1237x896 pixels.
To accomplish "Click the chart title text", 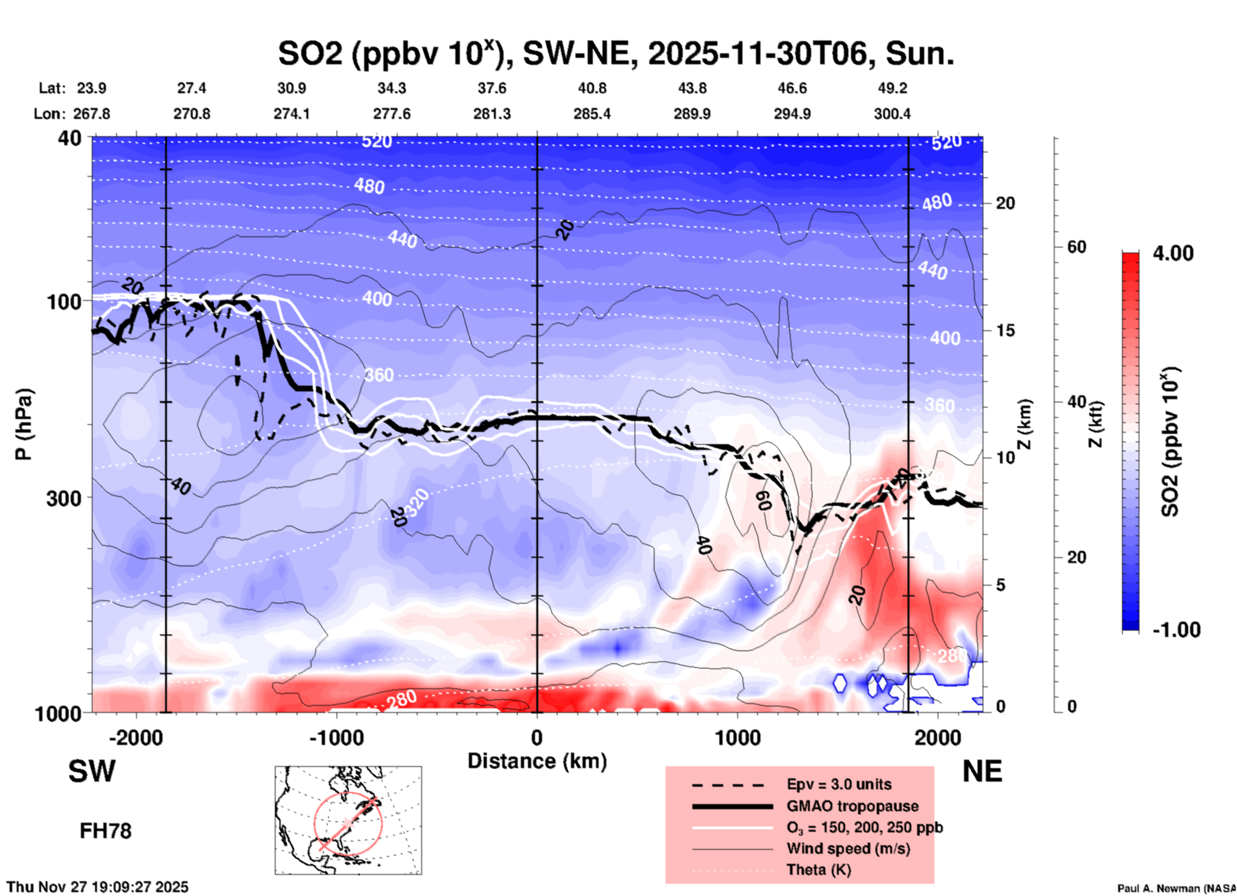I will point(615,54).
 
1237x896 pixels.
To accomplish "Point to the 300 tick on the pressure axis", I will point(64,498).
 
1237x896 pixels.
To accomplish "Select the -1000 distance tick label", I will point(336,738).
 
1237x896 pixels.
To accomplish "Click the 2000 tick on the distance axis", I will point(938,738).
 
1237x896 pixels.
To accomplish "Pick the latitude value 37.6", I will point(492,88).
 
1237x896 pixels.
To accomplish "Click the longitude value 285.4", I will point(592,114).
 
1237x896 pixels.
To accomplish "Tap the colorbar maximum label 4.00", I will point(1173,253).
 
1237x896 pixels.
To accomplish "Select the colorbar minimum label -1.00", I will point(1176,630).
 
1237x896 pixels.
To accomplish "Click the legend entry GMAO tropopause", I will point(852,806).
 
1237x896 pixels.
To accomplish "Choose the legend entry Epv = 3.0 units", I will point(838,784).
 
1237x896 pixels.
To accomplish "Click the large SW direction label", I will point(92,771).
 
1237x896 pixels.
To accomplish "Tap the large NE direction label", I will point(982,771).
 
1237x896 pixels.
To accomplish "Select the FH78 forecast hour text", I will point(105,831).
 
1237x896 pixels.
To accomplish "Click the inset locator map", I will point(348,820).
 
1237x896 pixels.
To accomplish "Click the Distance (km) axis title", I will point(537,761).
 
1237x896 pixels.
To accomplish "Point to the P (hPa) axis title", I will point(24,424).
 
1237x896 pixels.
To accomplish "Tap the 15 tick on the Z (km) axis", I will point(1005,330).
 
